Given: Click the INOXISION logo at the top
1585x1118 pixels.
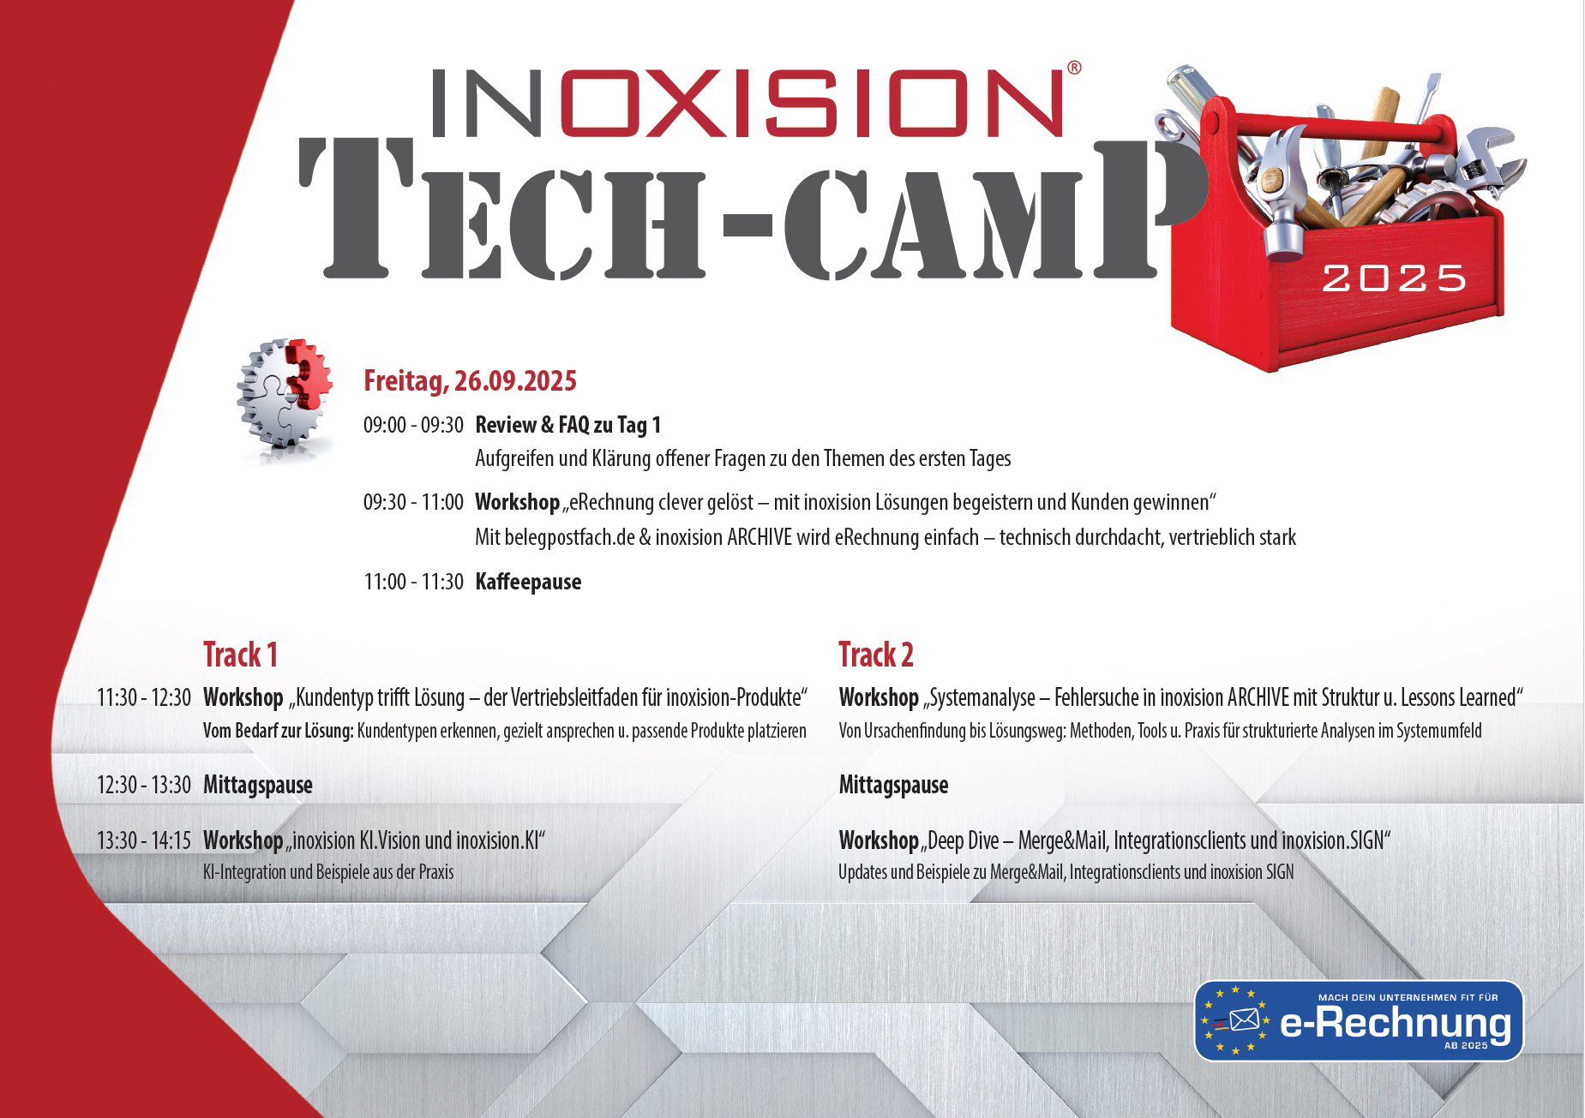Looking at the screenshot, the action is tap(747, 103).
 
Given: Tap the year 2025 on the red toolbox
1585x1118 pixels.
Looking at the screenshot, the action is tap(1394, 278).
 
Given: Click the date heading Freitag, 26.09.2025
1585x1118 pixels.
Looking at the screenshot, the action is tap(470, 380).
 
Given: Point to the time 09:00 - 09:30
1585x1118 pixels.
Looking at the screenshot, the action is tap(413, 425).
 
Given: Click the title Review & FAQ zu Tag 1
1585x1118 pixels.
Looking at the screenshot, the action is tap(567, 425).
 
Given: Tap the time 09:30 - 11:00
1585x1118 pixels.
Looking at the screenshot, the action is tap(413, 502).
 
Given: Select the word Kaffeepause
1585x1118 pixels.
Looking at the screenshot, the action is tap(528, 582).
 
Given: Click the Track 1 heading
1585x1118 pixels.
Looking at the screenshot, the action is tap(240, 655).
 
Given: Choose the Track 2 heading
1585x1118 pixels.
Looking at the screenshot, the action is tap(876, 655).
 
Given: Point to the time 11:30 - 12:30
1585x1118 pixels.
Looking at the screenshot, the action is tap(144, 697).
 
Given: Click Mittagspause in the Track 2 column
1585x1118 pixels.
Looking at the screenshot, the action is tap(893, 785).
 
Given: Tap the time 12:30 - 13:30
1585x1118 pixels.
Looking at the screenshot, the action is tap(144, 785).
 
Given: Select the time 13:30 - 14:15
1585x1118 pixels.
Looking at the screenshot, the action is tap(144, 840).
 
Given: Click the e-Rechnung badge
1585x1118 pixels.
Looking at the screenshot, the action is tap(1359, 1020).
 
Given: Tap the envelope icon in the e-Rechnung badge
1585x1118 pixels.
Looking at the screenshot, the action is tap(1244, 1020).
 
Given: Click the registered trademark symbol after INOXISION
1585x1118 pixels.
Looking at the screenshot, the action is tap(1074, 68).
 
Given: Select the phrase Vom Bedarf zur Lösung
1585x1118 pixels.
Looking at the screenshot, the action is tap(279, 731).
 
